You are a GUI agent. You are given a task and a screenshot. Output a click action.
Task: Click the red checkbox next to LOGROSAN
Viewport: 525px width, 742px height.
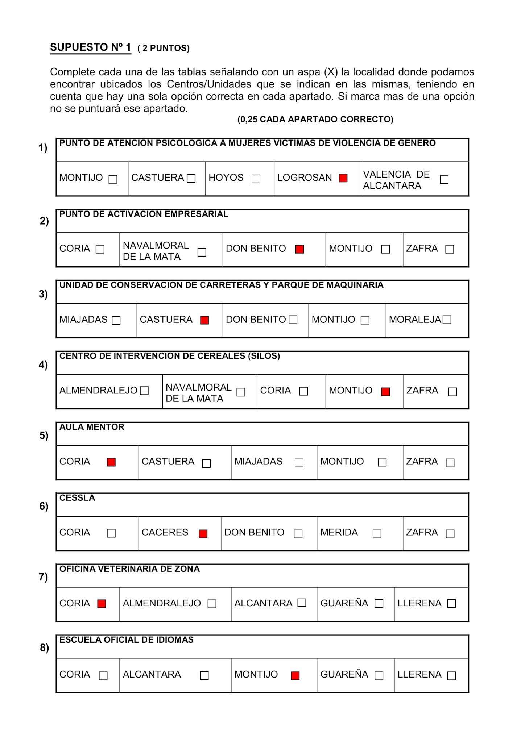343,178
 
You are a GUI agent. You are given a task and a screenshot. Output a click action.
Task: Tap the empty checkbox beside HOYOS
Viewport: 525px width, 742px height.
256,179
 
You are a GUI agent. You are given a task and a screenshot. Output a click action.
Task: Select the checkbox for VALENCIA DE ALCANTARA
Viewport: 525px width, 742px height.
444,179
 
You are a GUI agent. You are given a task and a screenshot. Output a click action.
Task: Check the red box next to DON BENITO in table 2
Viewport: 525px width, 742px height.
300,249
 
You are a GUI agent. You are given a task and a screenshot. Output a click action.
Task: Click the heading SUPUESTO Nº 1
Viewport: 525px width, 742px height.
91,47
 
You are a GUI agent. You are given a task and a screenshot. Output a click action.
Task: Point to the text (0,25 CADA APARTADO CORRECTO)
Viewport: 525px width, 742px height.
315,120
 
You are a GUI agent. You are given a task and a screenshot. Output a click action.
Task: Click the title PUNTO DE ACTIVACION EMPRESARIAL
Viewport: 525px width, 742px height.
144,214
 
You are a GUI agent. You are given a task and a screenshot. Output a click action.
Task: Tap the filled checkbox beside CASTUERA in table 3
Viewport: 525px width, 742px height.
204,320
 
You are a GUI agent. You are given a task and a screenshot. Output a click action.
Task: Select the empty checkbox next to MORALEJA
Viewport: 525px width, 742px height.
447,320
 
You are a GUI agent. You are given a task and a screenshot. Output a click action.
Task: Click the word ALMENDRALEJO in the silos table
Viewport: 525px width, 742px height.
98,391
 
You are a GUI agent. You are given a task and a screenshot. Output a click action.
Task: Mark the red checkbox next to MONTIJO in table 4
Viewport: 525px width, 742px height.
385,392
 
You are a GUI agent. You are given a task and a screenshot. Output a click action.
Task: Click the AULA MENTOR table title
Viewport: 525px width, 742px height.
92,427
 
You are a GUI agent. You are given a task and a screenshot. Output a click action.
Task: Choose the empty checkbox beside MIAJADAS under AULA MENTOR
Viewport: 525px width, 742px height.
299,463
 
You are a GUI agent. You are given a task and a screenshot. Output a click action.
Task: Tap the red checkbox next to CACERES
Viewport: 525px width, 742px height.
203,534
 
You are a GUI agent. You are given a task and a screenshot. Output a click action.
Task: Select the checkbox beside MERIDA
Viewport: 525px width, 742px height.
377,534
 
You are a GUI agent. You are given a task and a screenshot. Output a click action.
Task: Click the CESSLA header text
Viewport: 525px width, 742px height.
77,498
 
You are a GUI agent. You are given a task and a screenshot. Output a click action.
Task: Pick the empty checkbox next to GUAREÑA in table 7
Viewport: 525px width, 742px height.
379,603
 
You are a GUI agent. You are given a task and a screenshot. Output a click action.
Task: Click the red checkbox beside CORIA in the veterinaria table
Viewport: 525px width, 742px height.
102,604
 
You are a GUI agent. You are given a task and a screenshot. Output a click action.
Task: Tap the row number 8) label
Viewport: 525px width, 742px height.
44,647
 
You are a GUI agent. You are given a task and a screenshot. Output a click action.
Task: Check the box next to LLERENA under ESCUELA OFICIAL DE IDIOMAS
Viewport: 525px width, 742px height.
451,675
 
